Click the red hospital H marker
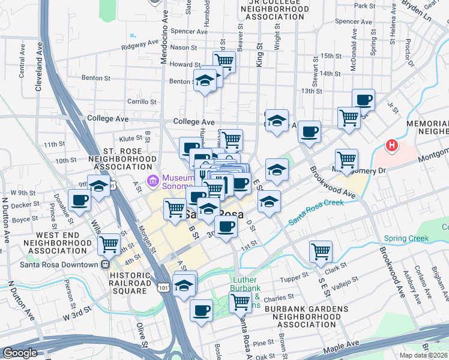(391, 145)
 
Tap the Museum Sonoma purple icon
(152, 179)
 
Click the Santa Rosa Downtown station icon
(105, 263)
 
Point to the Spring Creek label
(406, 238)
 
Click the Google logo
(20, 353)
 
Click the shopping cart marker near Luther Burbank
(240, 302)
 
